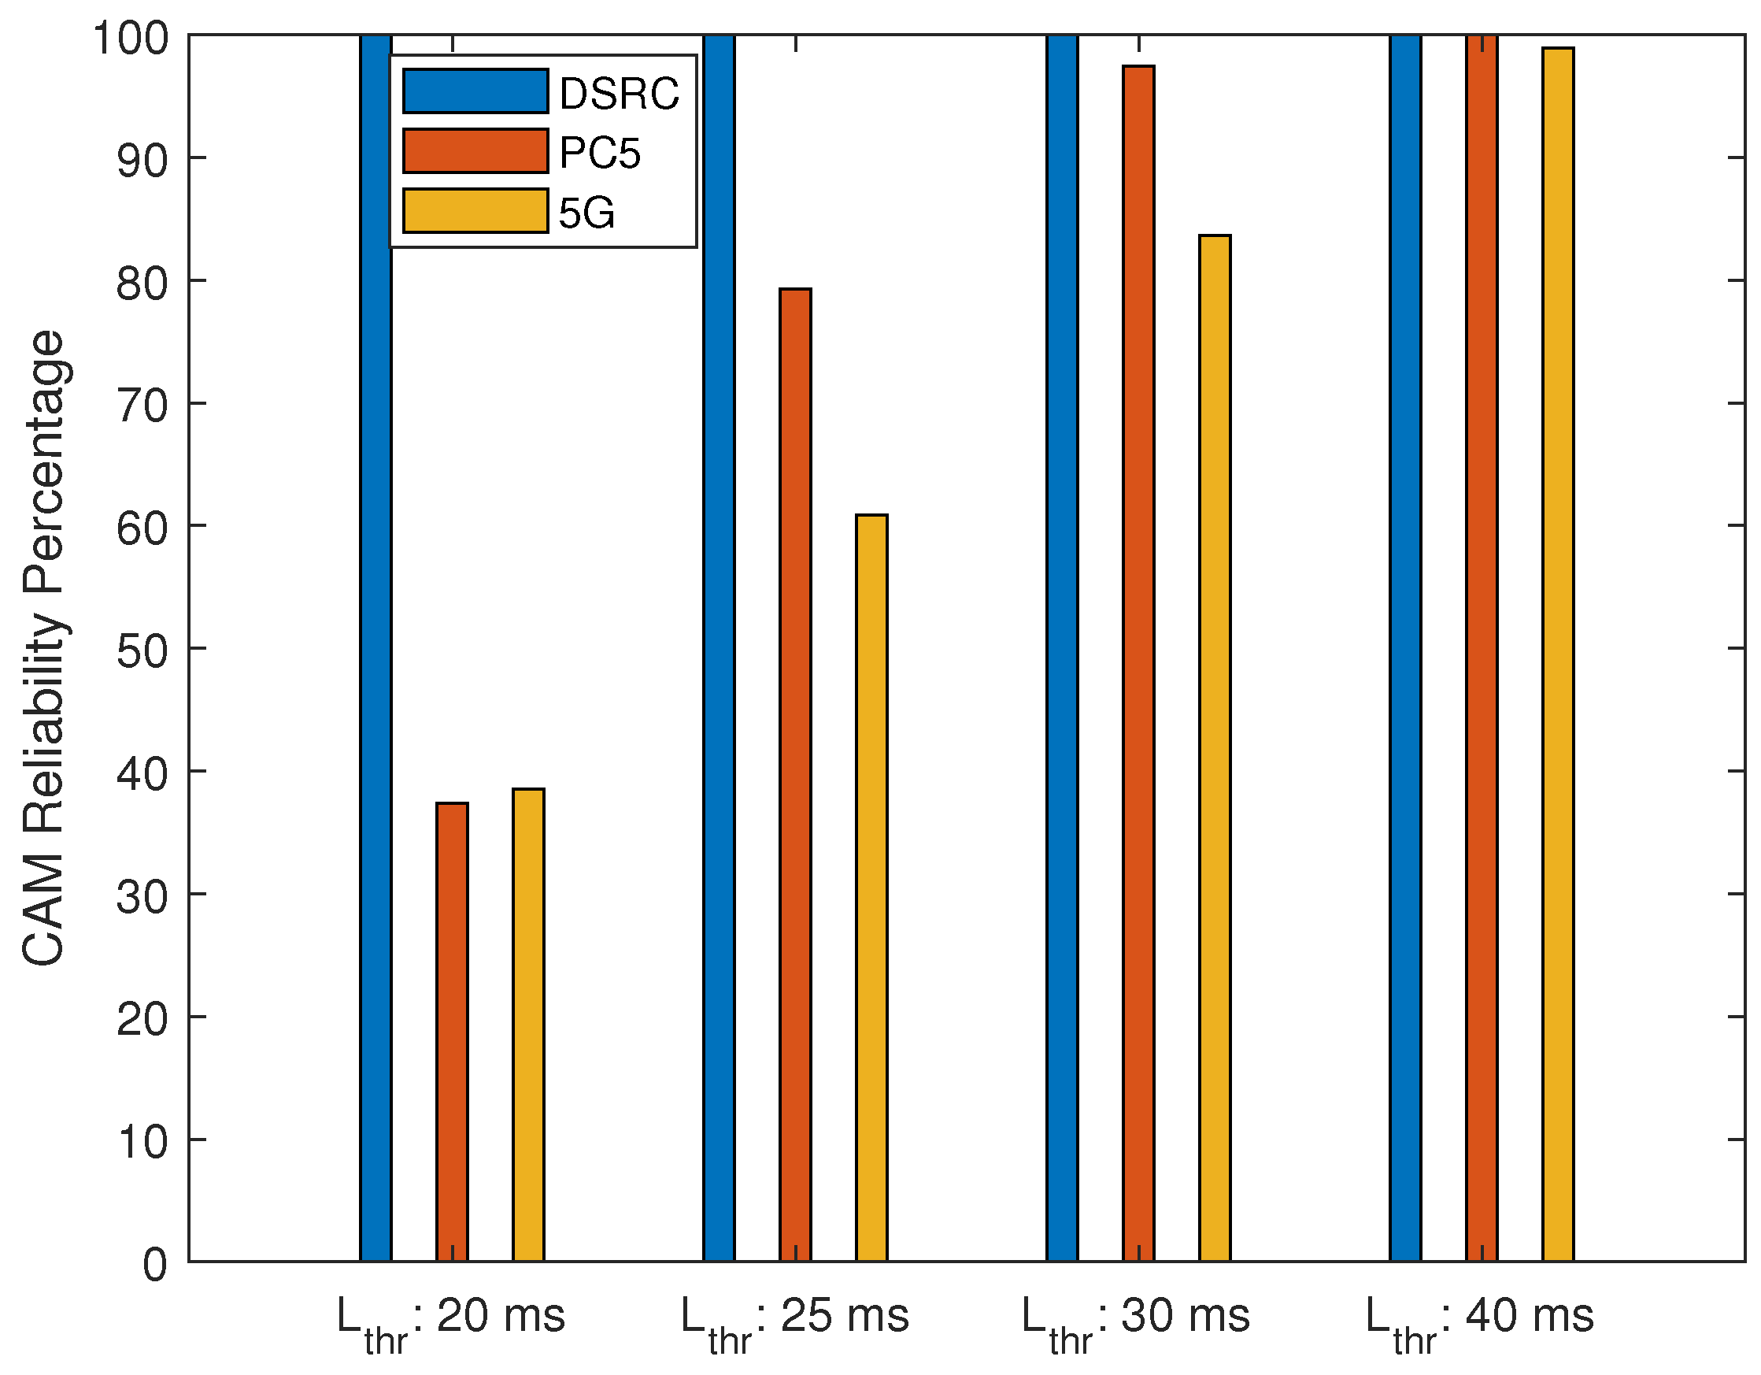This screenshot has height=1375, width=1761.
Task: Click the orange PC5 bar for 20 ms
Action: coord(452,1032)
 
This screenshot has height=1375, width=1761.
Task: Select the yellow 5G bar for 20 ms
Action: coord(528,1025)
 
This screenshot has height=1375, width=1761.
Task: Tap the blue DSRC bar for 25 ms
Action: coord(719,645)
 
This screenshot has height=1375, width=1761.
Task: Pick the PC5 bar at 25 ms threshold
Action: coord(795,774)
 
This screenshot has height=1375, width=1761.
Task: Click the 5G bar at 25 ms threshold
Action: coord(871,887)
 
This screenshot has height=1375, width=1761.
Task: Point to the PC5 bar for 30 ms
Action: coord(1138,662)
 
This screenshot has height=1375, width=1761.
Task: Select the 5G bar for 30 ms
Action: coord(1215,750)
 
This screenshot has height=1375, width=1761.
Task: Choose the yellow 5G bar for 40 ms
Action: coord(1558,653)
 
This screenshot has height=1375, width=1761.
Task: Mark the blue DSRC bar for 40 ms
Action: coord(1404,645)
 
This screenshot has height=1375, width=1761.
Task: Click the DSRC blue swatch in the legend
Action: coord(475,91)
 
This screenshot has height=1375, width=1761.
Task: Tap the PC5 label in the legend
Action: coord(599,153)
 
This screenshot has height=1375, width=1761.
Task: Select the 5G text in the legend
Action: coord(586,213)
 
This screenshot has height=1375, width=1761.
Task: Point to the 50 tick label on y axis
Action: coord(142,650)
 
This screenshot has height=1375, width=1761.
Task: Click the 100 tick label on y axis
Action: coord(131,38)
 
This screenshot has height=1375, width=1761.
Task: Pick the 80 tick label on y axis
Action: coord(142,283)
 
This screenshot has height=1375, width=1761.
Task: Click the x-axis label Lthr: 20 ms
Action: coord(451,1318)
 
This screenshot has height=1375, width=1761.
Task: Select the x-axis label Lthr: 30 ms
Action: coord(1135,1318)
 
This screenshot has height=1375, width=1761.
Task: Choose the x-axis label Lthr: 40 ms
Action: coord(1480,1318)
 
